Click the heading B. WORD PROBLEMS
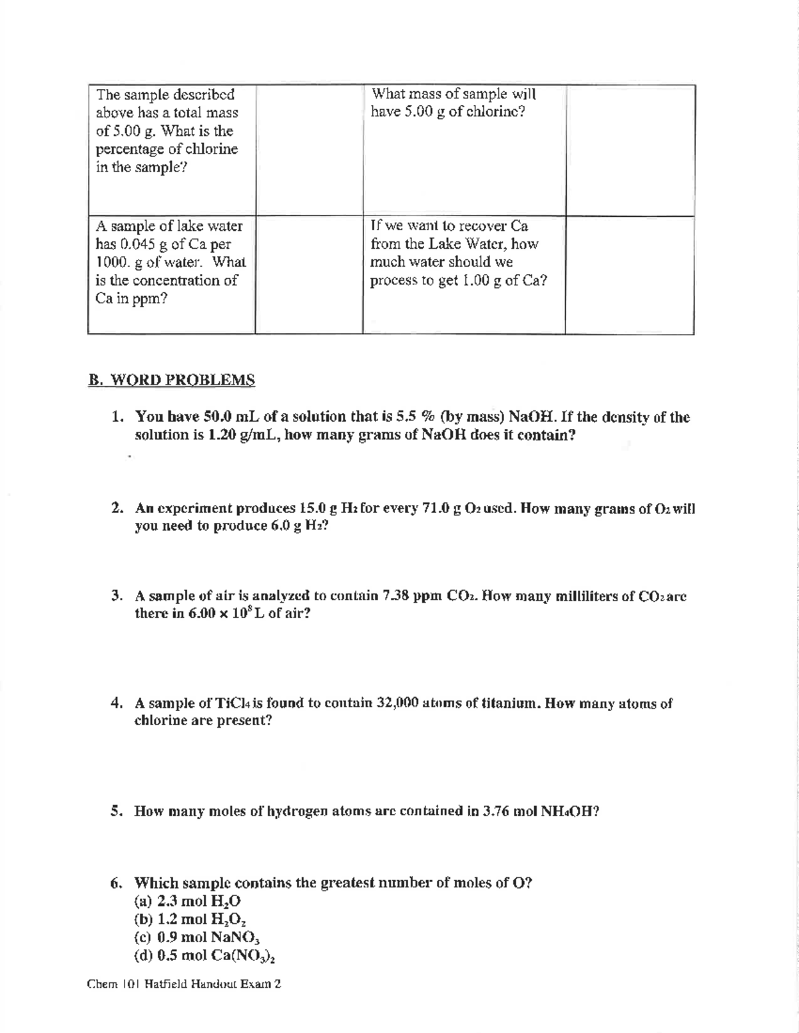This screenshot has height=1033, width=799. tap(172, 380)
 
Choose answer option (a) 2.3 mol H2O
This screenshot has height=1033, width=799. tap(188, 901)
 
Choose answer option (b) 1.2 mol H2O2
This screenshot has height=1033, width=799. tap(192, 920)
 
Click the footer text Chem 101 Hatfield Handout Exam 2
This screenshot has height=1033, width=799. tap(184, 984)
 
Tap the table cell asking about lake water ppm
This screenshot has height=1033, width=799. tap(171, 262)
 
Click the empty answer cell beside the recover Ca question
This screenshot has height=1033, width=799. tap(629, 274)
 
